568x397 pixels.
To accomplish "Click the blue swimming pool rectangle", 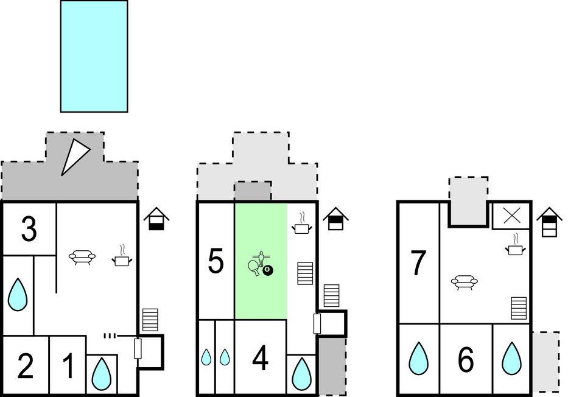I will (x=94, y=56).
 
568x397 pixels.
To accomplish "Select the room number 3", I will (x=29, y=230).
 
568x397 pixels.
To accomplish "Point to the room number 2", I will (x=26, y=367).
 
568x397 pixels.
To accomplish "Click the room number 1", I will (x=68, y=367).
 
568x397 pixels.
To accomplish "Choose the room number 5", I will (x=216, y=262).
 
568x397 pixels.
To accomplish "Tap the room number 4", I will (x=260, y=359).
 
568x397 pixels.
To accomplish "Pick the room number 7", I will (x=418, y=263).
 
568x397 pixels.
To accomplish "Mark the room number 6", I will (x=466, y=360).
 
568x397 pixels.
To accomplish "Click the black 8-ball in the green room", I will (x=268, y=269).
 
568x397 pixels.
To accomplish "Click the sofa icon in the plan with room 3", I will (x=81, y=257).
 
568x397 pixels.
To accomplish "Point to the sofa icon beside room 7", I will (x=464, y=281).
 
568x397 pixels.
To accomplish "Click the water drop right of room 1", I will (x=101, y=373).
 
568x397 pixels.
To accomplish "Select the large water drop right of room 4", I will (x=301, y=374).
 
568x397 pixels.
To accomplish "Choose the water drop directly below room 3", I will (x=18, y=295).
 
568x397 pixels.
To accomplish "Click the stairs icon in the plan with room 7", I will (x=519, y=308).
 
